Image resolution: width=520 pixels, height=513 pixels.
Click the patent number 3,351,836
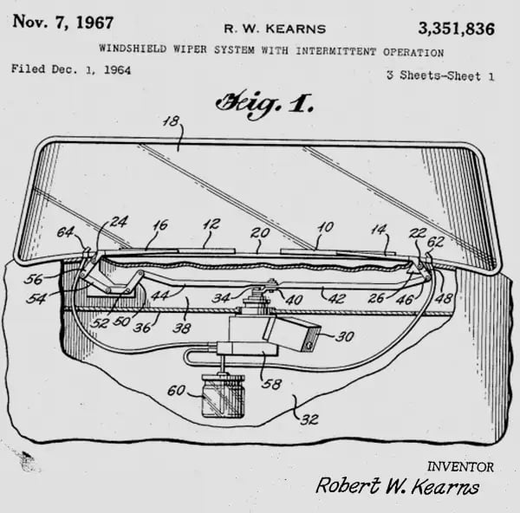[x=457, y=29]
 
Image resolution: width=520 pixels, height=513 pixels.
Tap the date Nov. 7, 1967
[x=63, y=23]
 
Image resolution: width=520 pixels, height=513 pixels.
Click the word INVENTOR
[x=460, y=467]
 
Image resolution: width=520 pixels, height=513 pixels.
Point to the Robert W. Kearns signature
[x=397, y=486]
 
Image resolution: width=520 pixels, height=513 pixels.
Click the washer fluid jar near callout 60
[x=223, y=394]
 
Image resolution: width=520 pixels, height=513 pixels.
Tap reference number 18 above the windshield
[x=171, y=121]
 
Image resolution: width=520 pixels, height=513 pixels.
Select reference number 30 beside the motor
[x=345, y=336]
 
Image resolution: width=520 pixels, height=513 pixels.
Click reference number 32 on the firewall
[x=309, y=419]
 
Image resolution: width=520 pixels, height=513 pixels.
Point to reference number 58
[x=271, y=384]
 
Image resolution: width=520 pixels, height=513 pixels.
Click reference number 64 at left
[x=65, y=231]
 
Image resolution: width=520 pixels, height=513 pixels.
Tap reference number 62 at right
[x=435, y=242]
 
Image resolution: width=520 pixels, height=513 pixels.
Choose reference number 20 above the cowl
[x=260, y=233]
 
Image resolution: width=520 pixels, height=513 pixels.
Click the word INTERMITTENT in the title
[x=336, y=51]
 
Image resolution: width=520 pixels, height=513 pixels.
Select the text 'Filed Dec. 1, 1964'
[x=71, y=69]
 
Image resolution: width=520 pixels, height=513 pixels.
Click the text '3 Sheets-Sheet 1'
[x=440, y=76]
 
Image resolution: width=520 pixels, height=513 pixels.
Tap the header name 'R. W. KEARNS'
[x=275, y=29]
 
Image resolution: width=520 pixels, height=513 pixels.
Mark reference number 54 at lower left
[x=36, y=299]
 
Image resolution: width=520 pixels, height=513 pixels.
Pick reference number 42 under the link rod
[x=338, y=298]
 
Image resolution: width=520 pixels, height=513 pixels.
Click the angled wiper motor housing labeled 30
[x=292, y=333]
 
